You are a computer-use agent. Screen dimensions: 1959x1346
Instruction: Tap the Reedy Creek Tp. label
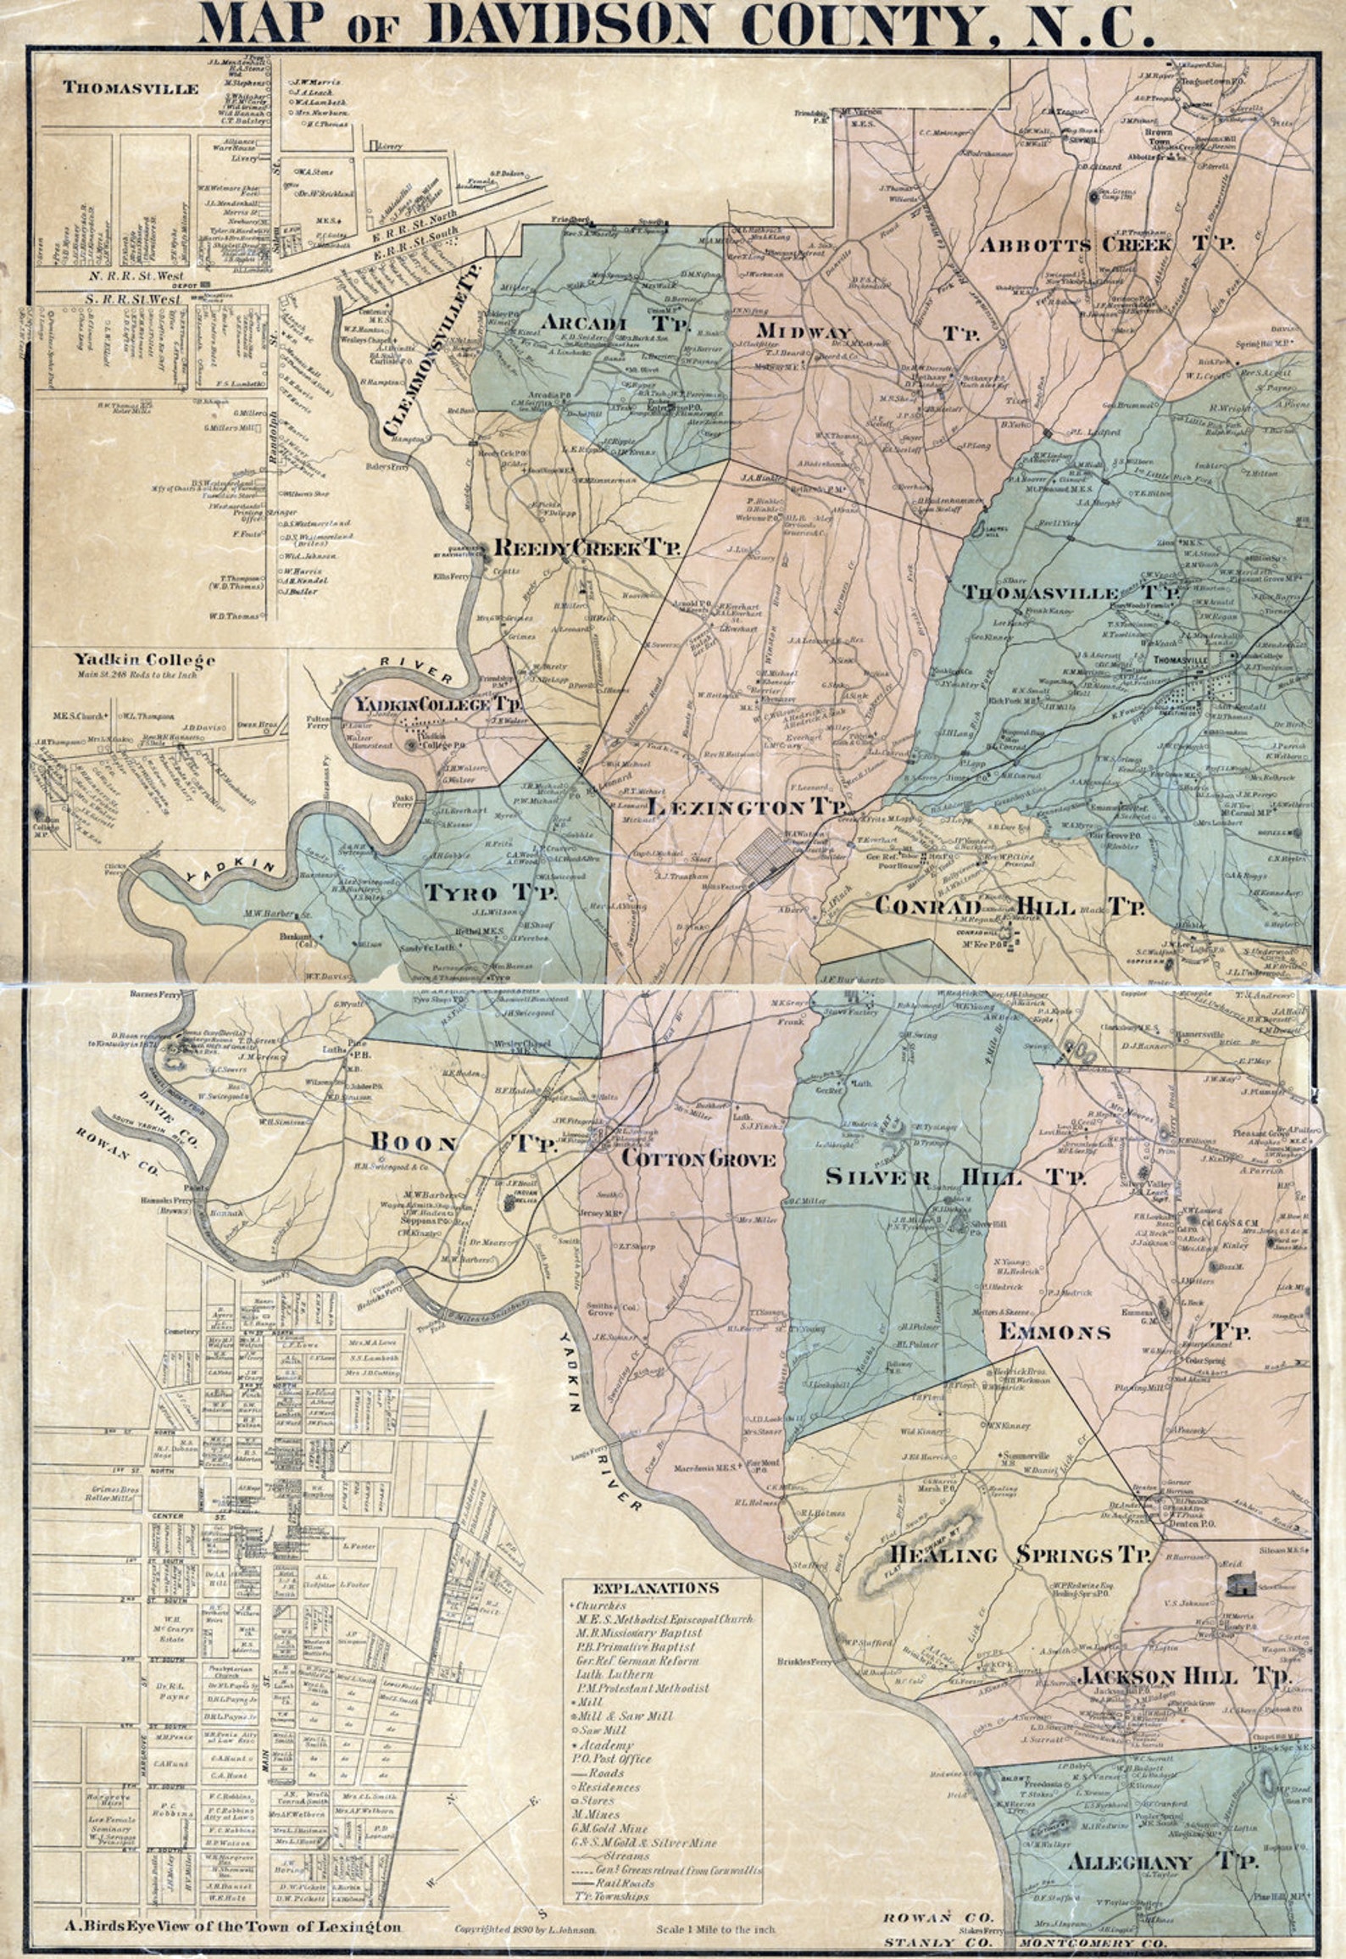coord(587,548)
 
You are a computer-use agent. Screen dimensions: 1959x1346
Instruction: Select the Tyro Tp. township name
coord(490,892)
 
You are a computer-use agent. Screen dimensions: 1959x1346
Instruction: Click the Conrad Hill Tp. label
coord(1009,906)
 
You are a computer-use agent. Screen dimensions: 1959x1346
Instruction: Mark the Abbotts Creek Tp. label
coord(1107,245)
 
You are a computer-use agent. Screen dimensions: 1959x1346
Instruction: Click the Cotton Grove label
coord(698,1158)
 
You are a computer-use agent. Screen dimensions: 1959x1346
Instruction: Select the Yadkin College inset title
coord(143,659)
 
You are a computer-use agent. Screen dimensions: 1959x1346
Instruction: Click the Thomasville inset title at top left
coord(131,88)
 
